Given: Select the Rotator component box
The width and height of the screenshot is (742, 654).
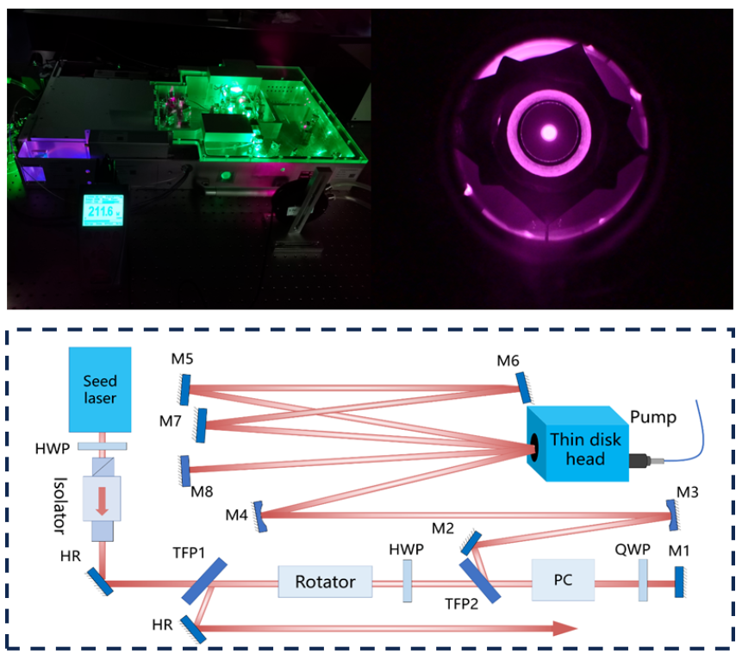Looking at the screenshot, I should click(325, 582).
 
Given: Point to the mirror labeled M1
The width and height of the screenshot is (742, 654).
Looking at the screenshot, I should click(679, 581).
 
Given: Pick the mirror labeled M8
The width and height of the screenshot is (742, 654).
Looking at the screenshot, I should click(185, 470).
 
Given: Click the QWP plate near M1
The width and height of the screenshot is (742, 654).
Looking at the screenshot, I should click(642, 580).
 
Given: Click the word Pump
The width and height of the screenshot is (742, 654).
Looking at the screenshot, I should click(654, 418).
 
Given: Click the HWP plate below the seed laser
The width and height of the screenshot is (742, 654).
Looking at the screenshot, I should click(103, 445).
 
